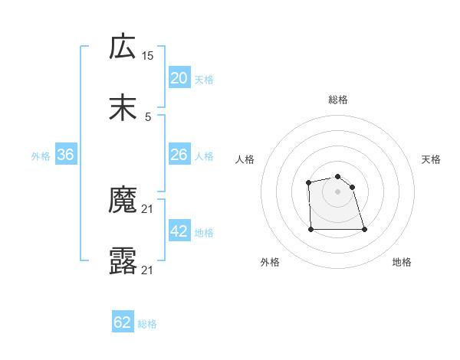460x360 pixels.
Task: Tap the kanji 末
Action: click(123, 108)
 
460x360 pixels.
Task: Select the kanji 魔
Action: click(123, 200)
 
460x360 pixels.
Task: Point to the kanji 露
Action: click(123, 261)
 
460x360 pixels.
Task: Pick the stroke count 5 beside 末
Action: click(148, 116)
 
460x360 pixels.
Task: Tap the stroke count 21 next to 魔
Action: click(148, 208)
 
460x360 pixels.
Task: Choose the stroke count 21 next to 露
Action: click(148, 270)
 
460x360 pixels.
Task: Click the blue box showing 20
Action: click(179, 77)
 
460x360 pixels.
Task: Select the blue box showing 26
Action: click(179, 155)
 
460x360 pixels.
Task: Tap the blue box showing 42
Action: click(179, 231)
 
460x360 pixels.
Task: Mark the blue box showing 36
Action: click(66, 155)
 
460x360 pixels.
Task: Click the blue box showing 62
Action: click(123, 322)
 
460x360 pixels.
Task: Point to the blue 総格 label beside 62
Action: click(147, 324)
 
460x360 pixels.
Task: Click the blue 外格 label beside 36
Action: click(41, 156)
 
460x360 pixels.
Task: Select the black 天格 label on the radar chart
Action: click(431, 159)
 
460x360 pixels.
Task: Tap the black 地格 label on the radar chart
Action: click(402, 263)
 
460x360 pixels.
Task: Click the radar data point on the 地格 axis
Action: click(364, 229)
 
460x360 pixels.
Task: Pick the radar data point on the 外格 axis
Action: click(311, 228)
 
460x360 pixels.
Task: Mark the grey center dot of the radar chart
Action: click(338, 191)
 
